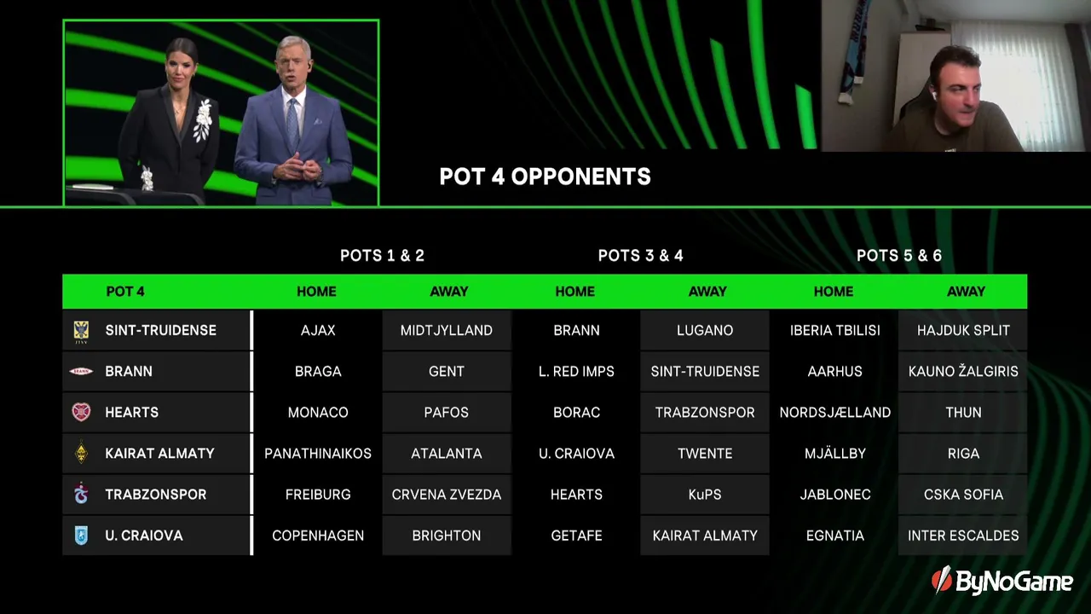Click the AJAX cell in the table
click(318, 330)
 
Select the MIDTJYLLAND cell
click(446, 330)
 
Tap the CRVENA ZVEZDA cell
click(446, 495)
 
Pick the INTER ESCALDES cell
click(963, 536)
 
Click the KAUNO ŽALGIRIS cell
click(963, 371)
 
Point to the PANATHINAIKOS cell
click(318, 454)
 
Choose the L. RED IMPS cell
click(576, 371)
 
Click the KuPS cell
click(705, 495)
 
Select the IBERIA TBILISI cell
click(834, 330)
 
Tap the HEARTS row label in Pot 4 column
click(132, 412)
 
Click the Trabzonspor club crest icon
click(81, 494)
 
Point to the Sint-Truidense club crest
click(81, 332)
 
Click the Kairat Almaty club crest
click(81, 453)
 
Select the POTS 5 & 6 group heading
click(899, 256)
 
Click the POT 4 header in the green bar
click(125, 292)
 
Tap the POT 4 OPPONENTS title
click(545, 177)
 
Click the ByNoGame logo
click(1002, 581)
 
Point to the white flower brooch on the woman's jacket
click(203, 120)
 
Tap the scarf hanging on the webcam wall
click(853, 49)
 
